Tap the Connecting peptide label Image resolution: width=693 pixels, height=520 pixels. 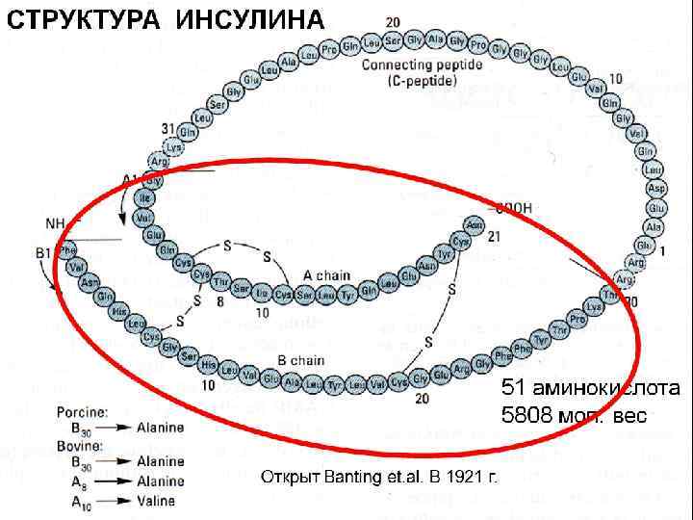pyautogui.click(x=413, y=66)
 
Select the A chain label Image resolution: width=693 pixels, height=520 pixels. pyautogui.click(x=326, y=275)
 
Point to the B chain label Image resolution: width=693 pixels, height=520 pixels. pyautogui.click(x=299, y=360)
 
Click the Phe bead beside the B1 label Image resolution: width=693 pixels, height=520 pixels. pyautogui.click(x=67, y=250)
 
